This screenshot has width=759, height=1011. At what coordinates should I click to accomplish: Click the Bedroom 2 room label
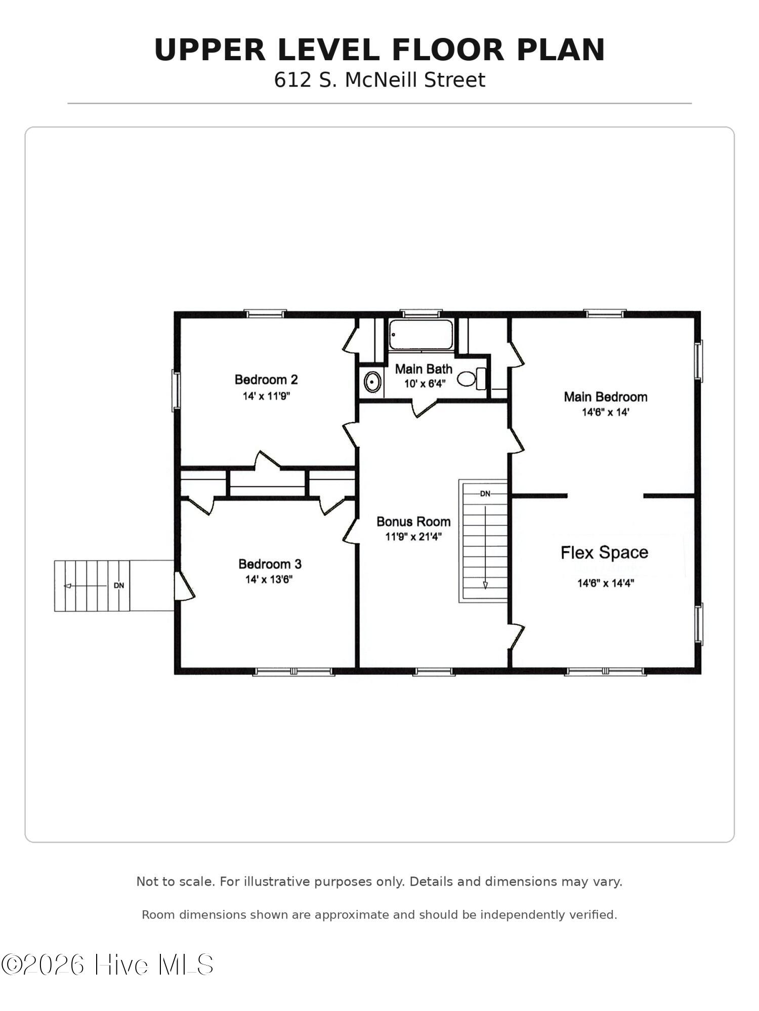pyautogui.click(x=266, y=379)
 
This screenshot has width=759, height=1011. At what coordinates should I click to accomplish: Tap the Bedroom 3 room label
pyautogui.click(x=270, y=564)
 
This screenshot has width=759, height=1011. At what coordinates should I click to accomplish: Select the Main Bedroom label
pyautogui.click(x=606, y=397)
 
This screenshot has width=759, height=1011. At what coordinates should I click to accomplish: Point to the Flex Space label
pyautogui.click(x=604, y=553)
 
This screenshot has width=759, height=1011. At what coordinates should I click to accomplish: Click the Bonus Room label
pyautogui.click(x=413, y=521)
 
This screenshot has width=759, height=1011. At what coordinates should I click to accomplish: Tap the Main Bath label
pyautogui.click(x=424, y=369)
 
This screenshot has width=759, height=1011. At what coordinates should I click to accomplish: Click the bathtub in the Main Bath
pyautogui.click(x=421, y=334)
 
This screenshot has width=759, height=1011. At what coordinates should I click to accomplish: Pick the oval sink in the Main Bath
pyautogui.click(x=372, y=382)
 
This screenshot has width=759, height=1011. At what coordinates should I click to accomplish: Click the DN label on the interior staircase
pyautogui.click(x=485, y=494)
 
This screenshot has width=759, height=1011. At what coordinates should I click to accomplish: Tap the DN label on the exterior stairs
pyautogui.click(x=119, y=585)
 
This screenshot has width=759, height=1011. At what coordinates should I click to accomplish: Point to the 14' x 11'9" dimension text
pyautogui.click(x=266, y=395)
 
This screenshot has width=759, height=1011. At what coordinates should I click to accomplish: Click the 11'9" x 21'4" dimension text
pyautogui.click(x=413, y=536)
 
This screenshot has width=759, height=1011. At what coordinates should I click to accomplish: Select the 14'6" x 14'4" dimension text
pyautogui.click(x=606, y=583)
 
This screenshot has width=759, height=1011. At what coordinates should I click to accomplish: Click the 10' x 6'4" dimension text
pyautogui.click(x=425, y=384)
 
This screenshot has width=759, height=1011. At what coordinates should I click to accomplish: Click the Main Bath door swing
pyautogui.click(x=424, y=407)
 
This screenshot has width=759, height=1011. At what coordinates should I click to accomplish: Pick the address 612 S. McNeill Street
pyautogui.click(x=379, y=80)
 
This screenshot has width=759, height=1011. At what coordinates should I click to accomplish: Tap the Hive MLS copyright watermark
pyautogui.click(x=107, y=964)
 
